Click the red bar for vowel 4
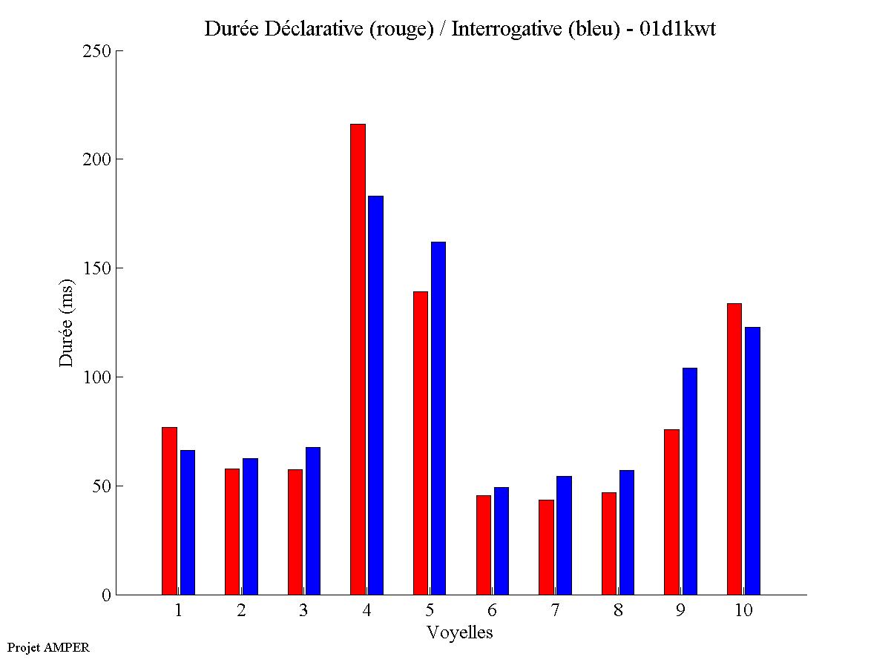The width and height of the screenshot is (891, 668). [x=358, y=360]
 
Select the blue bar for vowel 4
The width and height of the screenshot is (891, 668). [x=376, y=395]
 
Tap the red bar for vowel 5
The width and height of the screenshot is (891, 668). [x=421, y=443]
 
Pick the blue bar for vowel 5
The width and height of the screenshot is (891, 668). [x=438, y=418]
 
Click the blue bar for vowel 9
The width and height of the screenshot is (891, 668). [x=690, y=481]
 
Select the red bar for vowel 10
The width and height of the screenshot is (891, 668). [x=734, y=449]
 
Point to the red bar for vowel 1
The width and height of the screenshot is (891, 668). [x=169, y=511]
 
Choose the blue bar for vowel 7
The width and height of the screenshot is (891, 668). [x=564, y=535]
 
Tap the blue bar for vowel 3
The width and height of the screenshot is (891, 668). [x=313, y=520]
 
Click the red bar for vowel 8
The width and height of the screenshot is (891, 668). [x=609, y=543]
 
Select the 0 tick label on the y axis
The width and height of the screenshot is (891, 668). [x=106, y=595]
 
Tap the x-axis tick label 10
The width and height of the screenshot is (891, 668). [x=743, y=610]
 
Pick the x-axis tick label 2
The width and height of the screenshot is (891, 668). [x=241, y=610]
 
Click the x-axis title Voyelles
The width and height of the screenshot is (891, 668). [x=460, y=632]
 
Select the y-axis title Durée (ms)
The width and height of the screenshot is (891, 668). [x=67, y=323]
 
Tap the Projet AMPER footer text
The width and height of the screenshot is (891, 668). [x=48, y=647]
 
